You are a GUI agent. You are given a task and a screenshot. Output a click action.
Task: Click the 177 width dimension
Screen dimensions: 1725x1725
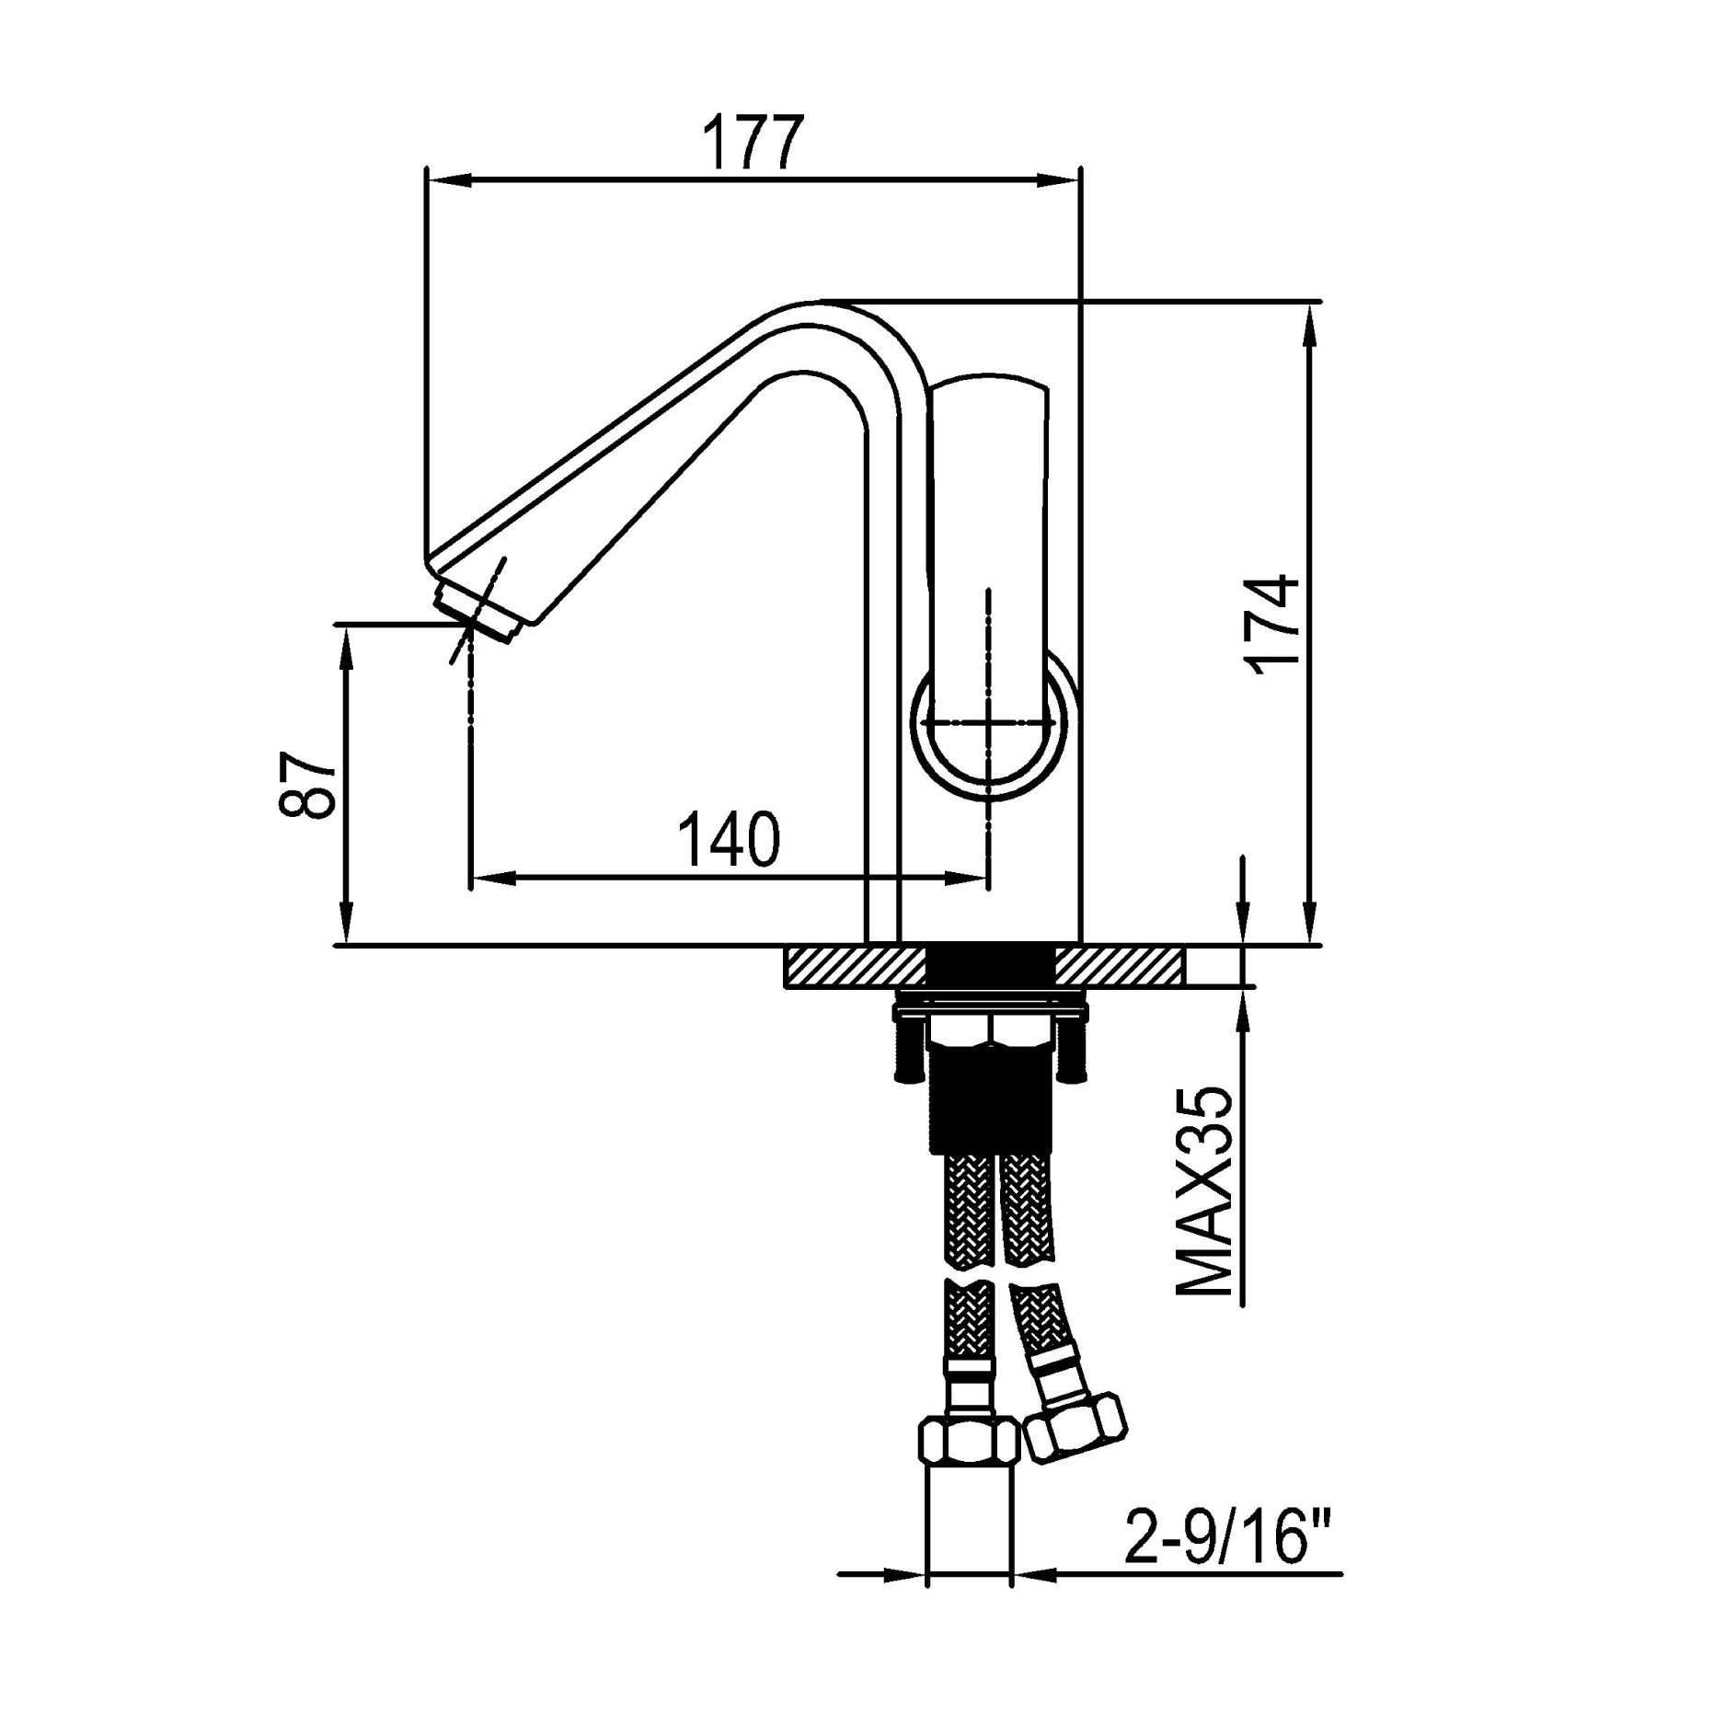[x=753, y=143]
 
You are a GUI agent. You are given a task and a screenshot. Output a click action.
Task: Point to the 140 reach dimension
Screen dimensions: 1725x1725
[x=729, y=840]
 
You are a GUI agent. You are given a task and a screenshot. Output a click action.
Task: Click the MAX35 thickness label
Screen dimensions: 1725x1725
[x=1206, y=1193]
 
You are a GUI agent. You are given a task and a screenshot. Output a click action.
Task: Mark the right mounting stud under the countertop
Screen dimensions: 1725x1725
[x=1072, y=1049]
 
